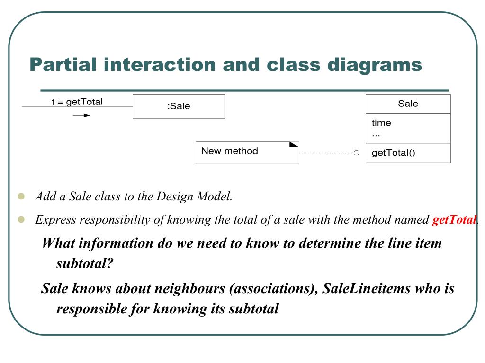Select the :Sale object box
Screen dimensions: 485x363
179,106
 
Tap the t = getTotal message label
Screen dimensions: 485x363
77,102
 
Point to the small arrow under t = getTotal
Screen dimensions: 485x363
81,115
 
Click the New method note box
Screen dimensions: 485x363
247,152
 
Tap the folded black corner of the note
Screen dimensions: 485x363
294,145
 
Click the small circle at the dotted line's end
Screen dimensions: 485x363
357,153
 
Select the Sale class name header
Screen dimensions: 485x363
408,104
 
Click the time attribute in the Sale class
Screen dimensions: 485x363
381,123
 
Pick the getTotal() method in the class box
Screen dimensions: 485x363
393,153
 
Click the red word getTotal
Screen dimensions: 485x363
454,220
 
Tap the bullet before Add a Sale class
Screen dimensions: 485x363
20,196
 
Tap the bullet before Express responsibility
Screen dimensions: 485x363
20,219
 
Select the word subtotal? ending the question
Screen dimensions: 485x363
85,263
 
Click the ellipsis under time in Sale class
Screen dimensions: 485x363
376,135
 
